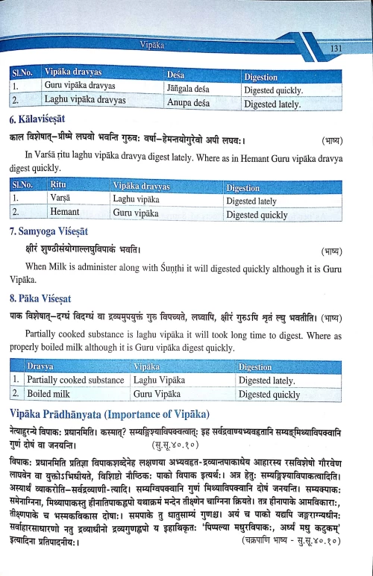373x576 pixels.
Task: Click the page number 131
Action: tap(336, 49)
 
